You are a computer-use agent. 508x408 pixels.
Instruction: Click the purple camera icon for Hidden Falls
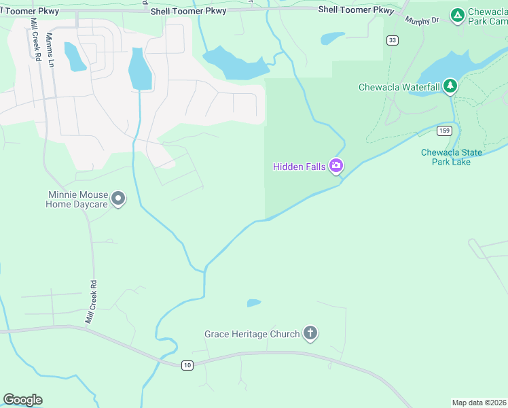(335, 166)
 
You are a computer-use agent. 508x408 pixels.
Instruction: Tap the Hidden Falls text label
(300, 167)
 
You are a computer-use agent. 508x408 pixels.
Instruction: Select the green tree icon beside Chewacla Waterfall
(450, 86)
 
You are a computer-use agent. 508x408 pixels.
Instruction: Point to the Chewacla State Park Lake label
(446, 157)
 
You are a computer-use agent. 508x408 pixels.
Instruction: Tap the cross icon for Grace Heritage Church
(310, 333)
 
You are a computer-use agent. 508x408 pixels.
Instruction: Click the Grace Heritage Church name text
(252, 334)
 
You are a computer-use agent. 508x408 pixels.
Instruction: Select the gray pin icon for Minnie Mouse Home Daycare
(118, 199)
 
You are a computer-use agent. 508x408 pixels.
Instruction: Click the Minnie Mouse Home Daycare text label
(77, 199)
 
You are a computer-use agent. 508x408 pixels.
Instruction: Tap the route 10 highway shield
(187, 366)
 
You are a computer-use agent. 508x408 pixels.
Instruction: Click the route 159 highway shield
(444, 130)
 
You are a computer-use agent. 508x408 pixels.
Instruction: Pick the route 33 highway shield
(392, 41)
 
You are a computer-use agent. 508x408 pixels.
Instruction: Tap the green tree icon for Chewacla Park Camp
(458, 14)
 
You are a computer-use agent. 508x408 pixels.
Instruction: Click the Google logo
(22, 400)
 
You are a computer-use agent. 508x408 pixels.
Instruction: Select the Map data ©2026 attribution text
(479, 403)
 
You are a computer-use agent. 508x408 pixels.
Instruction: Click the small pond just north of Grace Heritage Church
(253, 303)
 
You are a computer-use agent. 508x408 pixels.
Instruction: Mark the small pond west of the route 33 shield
(333, 37)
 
